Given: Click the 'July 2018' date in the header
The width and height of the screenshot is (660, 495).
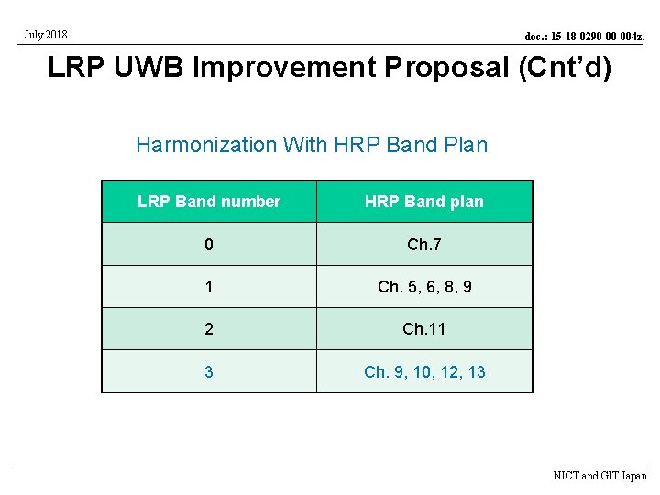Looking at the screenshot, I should [x=45, y=35].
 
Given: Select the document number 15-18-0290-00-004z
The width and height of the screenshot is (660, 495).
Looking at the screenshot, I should [x=583, y=37].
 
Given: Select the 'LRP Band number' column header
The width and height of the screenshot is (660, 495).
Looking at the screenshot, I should [x=209, y=202].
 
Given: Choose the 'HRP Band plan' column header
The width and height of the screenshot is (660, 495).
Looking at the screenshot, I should [x=423, y=202].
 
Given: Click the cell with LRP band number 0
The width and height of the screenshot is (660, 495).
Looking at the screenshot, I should [x=209, y=245].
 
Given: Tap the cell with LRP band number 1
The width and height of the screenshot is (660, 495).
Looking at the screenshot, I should [x=209, y=287].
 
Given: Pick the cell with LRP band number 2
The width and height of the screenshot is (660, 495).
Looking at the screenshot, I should [x=209, y=329].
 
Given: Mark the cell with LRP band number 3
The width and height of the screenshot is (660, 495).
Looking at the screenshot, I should [x=209, y=371].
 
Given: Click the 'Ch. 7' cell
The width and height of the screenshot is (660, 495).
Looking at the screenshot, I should [x=424, y=245].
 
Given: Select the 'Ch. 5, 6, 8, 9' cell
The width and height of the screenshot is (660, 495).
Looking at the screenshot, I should [x=424, y=287].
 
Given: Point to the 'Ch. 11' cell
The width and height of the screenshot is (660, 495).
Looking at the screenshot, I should [x=424, y=329].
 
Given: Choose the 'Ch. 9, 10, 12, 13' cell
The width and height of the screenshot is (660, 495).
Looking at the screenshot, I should [x=424, y=371].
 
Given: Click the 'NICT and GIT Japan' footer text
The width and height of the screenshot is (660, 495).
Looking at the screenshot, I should [x=599, y=476].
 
